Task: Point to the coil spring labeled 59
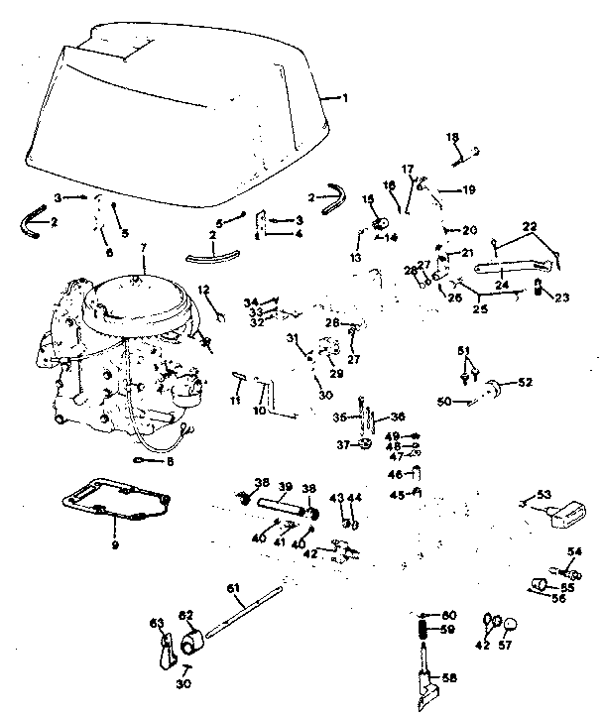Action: coord(421,629)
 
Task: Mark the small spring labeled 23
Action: coord(539,288)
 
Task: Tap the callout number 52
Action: coord(525,383)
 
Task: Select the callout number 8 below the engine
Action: coord(170,461)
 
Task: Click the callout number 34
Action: coord(250,301)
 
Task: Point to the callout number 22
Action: coord(530,227)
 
